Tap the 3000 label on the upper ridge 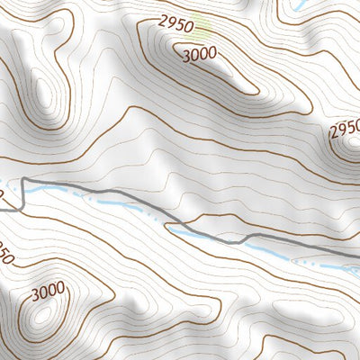(198, 53)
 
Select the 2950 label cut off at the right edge (345, 131)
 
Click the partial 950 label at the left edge (6, 256)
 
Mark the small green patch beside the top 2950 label (206, 29)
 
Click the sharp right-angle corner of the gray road (23, 180)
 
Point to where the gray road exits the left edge (2, 209)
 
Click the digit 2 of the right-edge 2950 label (334, 134)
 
